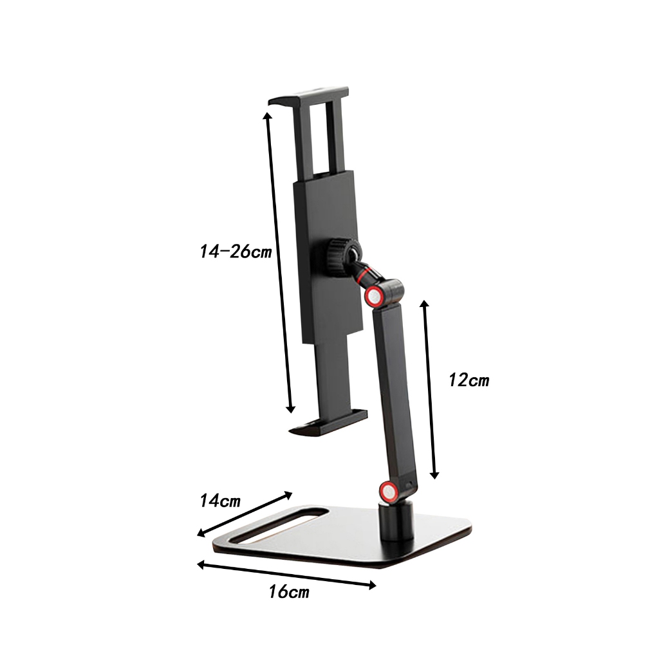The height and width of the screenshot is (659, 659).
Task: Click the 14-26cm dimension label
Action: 236,252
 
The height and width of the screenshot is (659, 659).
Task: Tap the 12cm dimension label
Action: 469,380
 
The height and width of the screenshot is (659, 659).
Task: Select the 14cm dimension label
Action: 219,500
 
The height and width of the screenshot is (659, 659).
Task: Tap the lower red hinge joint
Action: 388,492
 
